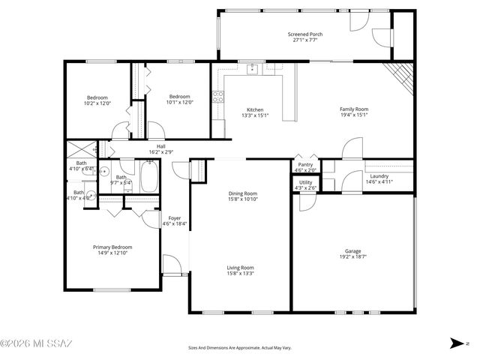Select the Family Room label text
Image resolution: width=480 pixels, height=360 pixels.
pos(355,109)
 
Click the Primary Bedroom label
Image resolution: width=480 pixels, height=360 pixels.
pos(112,247)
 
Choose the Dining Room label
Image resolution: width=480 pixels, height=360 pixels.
pos(243,193)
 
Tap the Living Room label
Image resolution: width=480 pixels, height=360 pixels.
pos(241,268)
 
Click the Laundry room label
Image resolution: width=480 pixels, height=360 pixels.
pos(379,176)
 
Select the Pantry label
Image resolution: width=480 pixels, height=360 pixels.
pos(305,165)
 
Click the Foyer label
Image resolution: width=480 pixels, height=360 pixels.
pos(174,218)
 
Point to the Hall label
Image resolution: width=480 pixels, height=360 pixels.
pos(160,147)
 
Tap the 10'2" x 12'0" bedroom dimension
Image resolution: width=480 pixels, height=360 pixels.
pos(97,103)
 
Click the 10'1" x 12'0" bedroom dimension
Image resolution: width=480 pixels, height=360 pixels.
pos(179,103)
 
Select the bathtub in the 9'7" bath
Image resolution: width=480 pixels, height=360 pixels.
pos(150,178)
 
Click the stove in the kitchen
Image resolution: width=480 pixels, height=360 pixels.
pos(218,96)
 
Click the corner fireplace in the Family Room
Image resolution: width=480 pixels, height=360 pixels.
pos(402,76)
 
